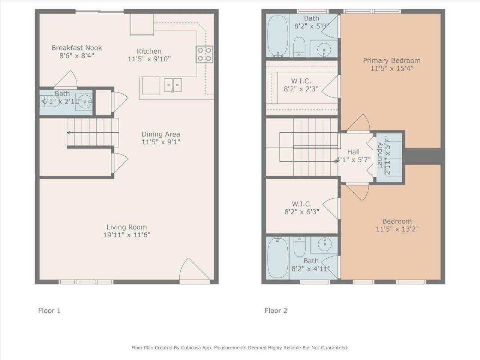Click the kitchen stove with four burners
(x=204, y=54)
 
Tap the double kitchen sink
(x=173, y=85)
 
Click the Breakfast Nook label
(x=76, y=48)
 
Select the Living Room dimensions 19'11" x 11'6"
(x=127, y=235)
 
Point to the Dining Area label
(x=160, y=134)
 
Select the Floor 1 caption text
(x=49, y=310)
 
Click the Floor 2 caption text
(x=276, y=310)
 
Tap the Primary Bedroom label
(x=391, y=60)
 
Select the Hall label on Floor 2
(x=353, y=151)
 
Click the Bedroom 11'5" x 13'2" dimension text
(x=397, y=229)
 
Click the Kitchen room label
(x=149, y=51)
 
